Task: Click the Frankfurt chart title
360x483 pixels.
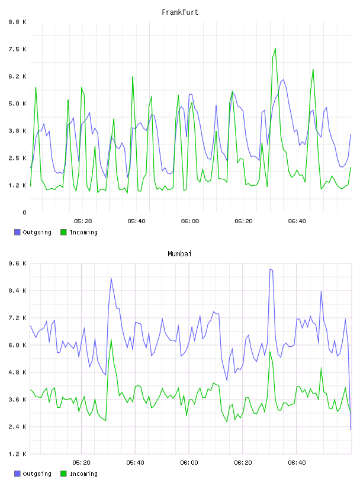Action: point(180,12)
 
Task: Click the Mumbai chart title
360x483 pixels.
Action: point(179,254)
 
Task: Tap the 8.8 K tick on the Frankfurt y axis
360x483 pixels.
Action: point(17,22)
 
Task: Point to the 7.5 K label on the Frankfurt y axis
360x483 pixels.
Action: point(17,49)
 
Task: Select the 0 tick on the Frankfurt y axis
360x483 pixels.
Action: point(24,212)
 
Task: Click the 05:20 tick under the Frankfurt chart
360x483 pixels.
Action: point(83,221)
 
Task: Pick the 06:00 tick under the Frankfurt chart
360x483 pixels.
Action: point(190,221)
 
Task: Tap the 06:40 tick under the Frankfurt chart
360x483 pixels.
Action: point(297,221)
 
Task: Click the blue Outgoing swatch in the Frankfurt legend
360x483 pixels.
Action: point(17,232)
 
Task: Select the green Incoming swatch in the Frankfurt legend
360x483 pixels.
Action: point(63,232)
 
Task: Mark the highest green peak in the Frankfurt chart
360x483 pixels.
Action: point(275,49)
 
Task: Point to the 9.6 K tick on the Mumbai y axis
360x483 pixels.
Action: point(17,263)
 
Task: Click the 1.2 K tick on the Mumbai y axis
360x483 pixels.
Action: point(17,454)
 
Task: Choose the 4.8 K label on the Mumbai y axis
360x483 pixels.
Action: point(17,372)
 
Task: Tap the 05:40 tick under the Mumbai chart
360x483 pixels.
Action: point(136,463)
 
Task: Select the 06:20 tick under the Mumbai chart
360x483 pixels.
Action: point(243,463)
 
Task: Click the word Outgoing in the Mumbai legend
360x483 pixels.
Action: point(37,474)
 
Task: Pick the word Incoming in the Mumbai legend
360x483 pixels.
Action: point(83,474)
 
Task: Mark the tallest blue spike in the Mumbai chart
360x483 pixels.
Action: point(270,269)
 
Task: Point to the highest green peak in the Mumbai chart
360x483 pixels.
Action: point(111,339)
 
